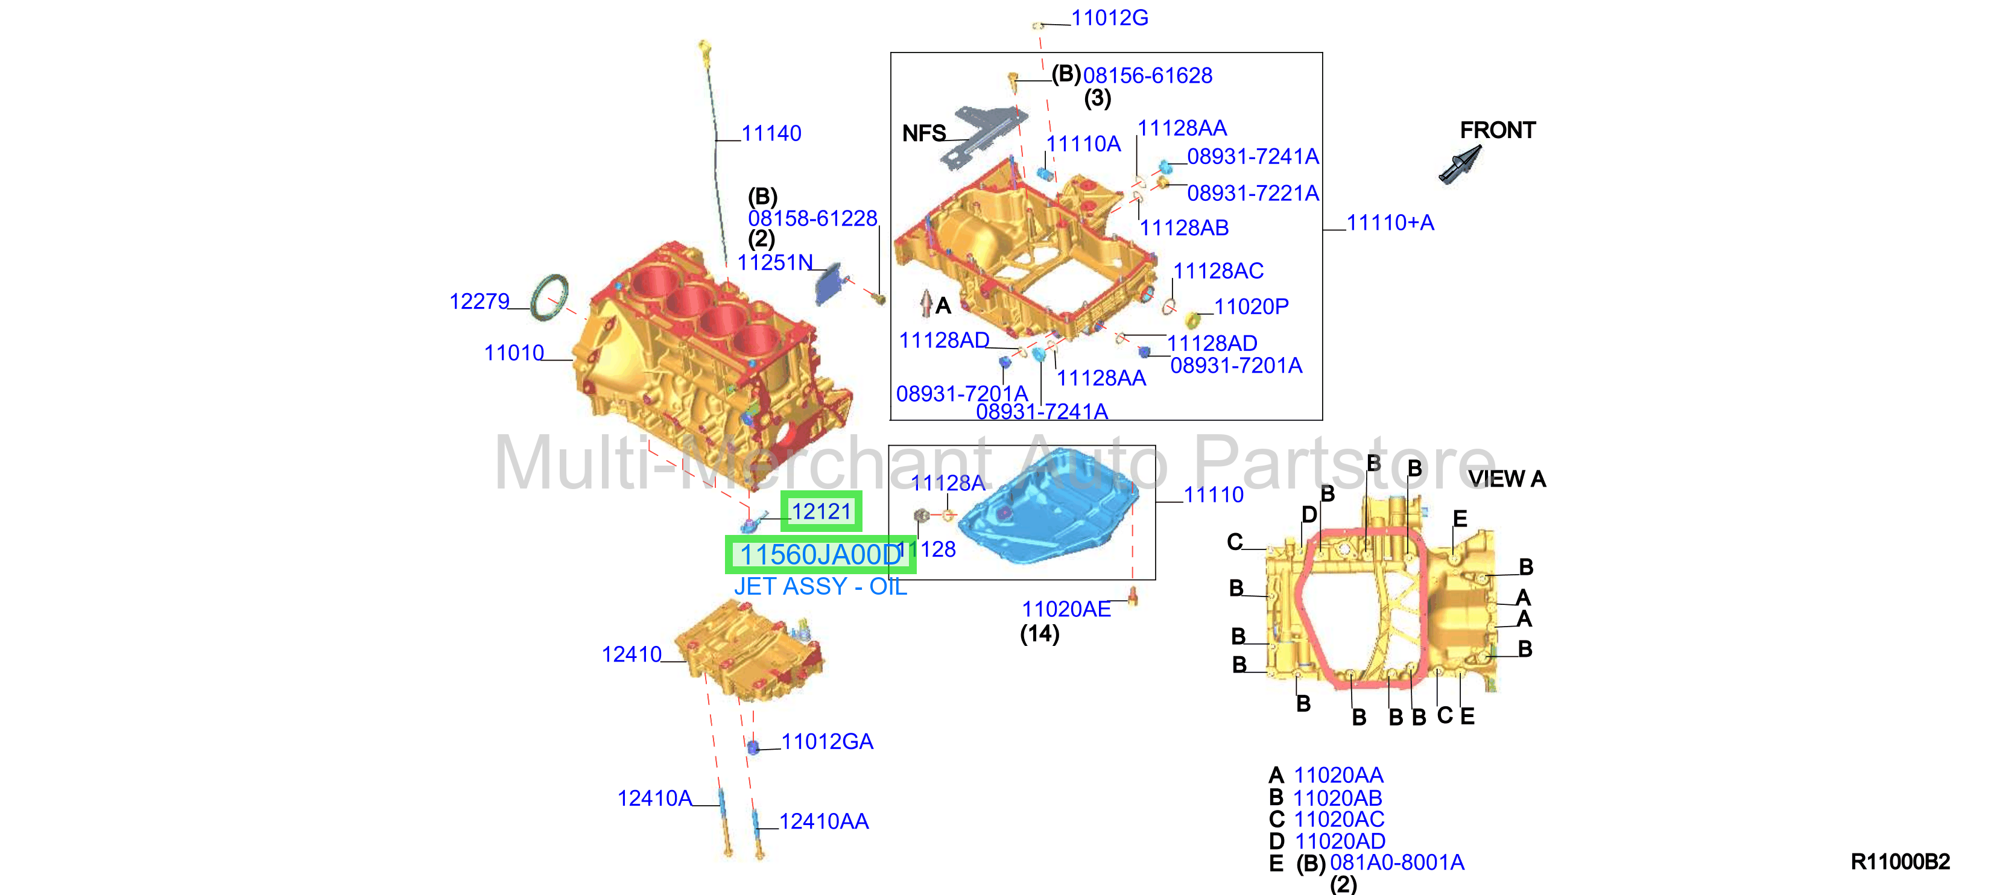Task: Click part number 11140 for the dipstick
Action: coord(771,134)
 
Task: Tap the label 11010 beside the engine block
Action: coord(514,353)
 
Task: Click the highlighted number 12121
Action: coord(821,511)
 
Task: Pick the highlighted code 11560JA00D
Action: coord(821,555)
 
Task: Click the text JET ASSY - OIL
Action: coord(820,587)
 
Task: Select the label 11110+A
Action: coord(1390,223)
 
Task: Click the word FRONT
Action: coord(1497,131)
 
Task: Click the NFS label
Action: coord(923,134)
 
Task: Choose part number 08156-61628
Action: coord(1148,76)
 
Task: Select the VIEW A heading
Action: coord(1507,479)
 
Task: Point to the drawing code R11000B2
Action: coord(1900,862)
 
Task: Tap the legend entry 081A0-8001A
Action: coord(1397,862)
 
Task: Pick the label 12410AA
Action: coord(824,821)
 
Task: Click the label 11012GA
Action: coord(827,742)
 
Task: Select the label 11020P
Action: coord(1252,307)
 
